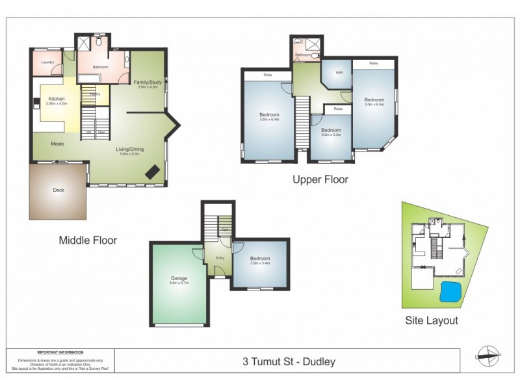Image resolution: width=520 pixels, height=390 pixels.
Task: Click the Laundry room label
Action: [x=47, y=62]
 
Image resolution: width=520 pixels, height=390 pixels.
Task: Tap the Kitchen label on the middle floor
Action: [x=57, y=98]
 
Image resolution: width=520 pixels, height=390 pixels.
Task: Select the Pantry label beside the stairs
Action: [x=95, y=94]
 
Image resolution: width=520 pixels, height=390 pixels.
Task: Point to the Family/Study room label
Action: [x=148, y=83]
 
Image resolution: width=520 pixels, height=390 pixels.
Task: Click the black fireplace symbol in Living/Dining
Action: [x=153, y=171]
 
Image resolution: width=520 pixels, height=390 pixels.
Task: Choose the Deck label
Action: [x=58, y=190]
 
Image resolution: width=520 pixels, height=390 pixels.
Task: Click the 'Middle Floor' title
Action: [x=88, y=240]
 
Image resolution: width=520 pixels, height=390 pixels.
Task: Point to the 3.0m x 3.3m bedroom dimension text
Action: [x=331, y=135]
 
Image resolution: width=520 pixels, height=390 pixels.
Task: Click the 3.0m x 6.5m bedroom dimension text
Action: [x=374, y=104]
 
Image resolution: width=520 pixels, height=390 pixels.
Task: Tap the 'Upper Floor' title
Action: [x=320, y=180]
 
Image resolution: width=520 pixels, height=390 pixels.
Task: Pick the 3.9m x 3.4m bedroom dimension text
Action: [x=260, y=263]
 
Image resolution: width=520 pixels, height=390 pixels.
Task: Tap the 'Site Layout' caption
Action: [x=432, y=320]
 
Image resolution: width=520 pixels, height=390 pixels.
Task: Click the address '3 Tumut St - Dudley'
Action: [x=289, y=361]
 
